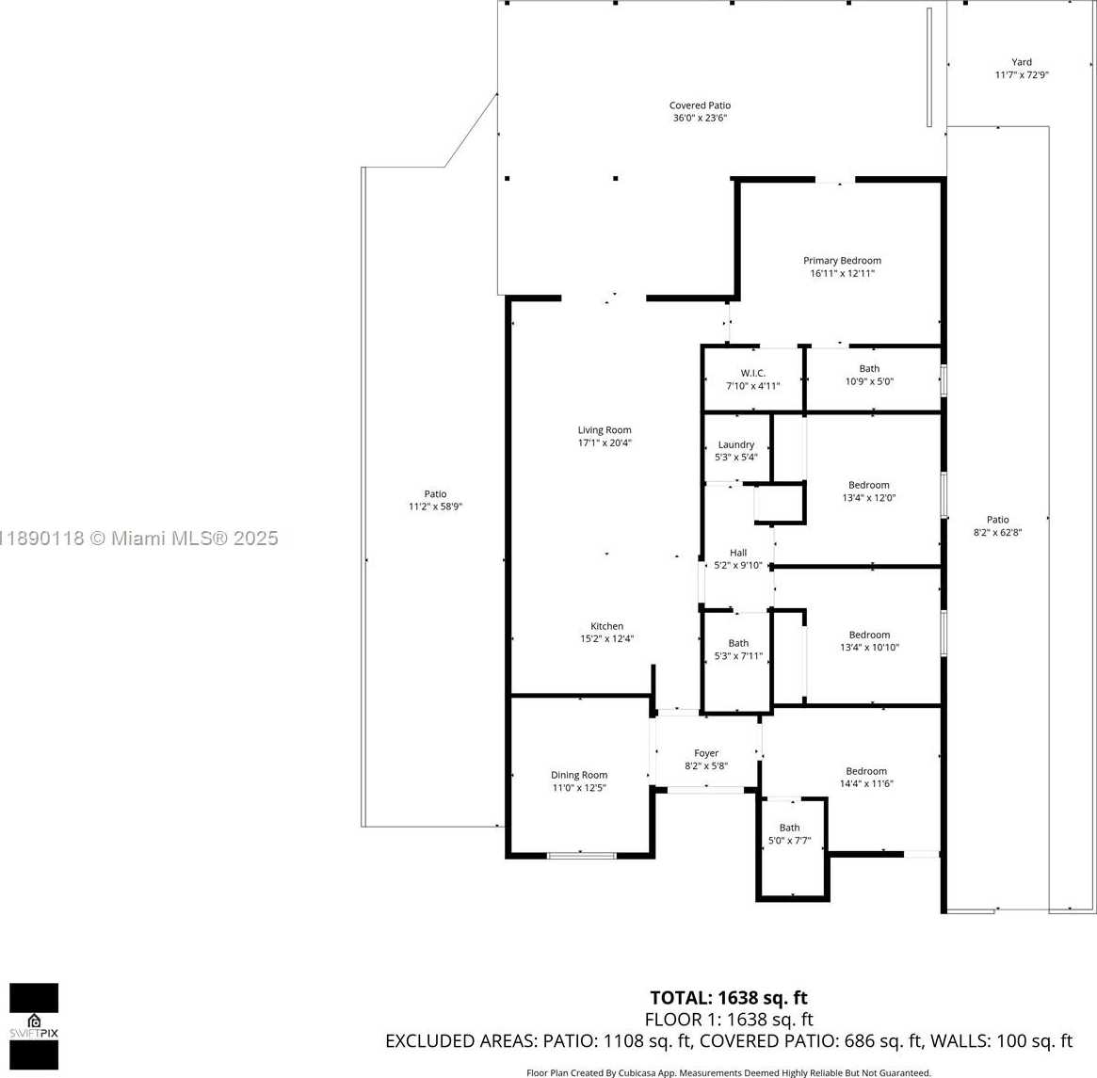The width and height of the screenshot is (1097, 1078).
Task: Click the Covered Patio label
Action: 700,105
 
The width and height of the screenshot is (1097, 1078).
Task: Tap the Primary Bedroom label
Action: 842,261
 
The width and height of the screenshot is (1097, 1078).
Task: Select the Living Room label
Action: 605,430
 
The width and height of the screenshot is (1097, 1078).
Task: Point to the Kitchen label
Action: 606,626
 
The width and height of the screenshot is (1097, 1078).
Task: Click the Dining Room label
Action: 578,775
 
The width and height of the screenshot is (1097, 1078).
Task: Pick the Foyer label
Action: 706,753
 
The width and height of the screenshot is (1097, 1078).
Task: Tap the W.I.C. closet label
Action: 752,374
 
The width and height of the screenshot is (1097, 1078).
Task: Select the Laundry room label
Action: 736,445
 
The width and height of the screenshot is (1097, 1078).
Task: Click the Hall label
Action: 738,553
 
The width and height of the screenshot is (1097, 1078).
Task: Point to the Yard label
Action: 1022,62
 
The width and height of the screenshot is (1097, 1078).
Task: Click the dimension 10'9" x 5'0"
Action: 870,382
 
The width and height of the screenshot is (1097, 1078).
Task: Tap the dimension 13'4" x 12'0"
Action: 869,498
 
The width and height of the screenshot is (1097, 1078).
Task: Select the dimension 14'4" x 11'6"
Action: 866,784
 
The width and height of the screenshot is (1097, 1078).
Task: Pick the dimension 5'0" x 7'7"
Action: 789,841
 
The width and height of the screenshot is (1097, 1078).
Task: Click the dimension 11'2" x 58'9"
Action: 435,507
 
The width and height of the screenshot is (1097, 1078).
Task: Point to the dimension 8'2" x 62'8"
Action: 997,532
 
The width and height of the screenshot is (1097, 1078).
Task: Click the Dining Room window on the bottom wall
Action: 581,856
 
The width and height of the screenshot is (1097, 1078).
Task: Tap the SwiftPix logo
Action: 34,1026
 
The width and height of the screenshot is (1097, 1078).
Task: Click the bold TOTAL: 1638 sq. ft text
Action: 728,998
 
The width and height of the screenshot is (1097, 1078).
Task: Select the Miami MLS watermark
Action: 139,538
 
